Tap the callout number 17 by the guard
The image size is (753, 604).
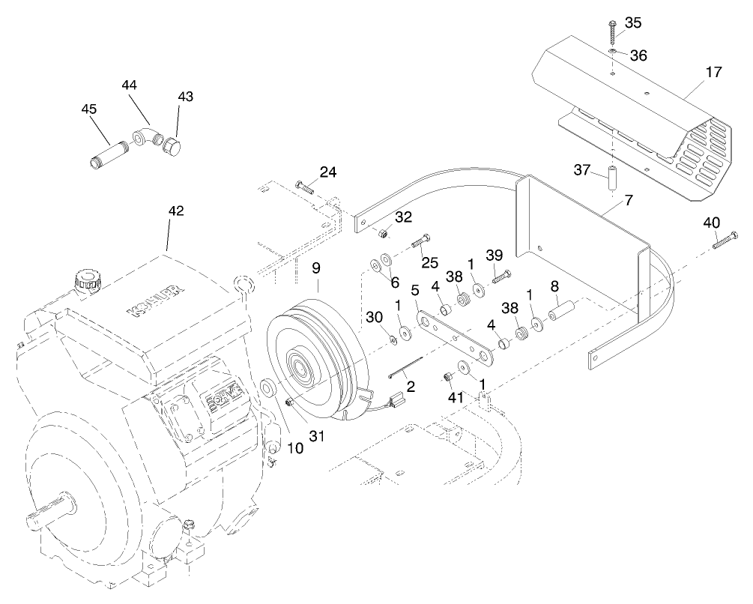click(713, 73)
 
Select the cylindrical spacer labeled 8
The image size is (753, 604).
click(563, 309)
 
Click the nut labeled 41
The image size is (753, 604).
click(448, 376)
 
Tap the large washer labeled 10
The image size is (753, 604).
click(267, 389)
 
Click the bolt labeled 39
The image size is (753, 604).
click(501, 277)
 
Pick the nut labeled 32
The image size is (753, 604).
click(381, 235)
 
